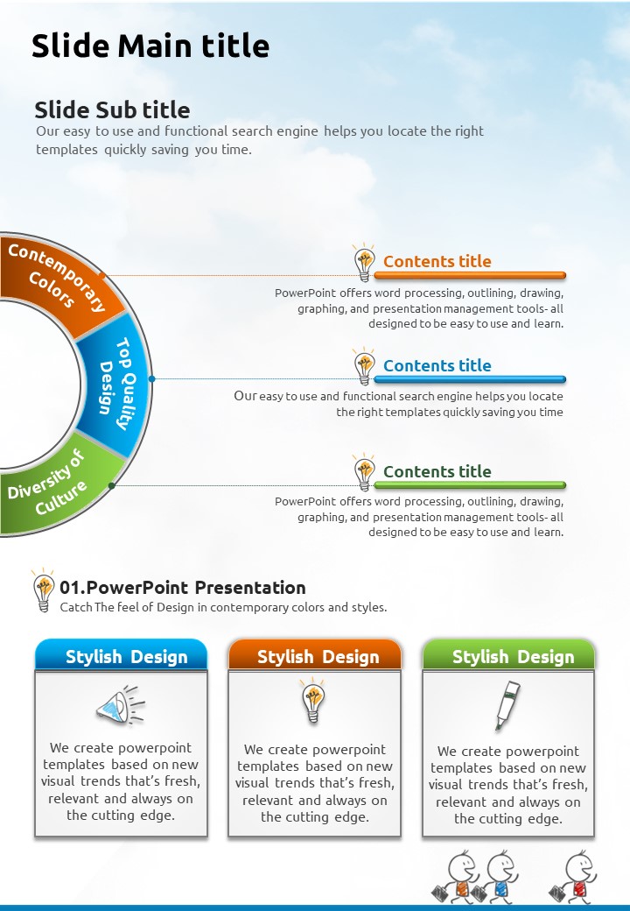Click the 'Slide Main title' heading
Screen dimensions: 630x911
[150, 46]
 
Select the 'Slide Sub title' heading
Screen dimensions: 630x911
[112, 109]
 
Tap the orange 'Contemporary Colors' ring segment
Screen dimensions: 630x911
[58, 279]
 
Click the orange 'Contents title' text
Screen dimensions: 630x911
[437, 261]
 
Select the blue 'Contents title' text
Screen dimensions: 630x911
[437, 365]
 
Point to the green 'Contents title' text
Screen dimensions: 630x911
[437, 471]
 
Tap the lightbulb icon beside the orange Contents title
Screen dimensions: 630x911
[364, 263]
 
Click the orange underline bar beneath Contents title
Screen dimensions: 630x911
[470, 275]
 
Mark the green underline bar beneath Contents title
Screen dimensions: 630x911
[470, 484]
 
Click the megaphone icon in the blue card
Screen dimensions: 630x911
[121, 705]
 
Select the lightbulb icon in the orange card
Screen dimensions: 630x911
[313, 700]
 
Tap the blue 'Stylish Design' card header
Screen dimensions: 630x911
[122, 655]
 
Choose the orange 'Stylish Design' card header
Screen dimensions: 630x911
[315, 655]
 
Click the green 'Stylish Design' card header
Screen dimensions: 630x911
[508, 655]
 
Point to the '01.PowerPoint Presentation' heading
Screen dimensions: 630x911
[183, 588]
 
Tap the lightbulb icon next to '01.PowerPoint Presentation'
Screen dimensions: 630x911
[44, 590]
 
